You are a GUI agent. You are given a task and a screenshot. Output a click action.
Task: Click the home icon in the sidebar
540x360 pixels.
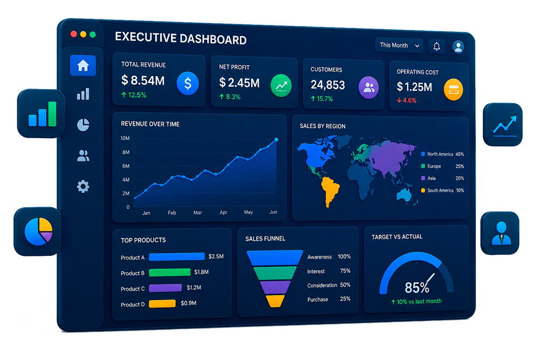coord(83,65)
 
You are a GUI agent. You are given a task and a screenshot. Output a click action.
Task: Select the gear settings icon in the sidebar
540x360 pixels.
coord(83,187)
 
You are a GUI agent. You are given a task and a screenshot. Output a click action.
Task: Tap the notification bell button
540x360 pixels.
coord(436,46)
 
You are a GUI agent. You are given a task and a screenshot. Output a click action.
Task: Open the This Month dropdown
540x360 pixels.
coord(399,45)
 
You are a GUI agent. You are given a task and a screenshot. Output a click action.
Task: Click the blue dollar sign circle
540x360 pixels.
coord(188,83)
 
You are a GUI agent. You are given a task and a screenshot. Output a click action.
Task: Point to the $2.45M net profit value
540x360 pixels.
coord(239,83)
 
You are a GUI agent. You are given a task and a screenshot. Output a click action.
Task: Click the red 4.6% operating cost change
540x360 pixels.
coord(407,100)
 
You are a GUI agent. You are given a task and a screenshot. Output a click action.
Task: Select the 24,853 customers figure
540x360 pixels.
coord(328,85)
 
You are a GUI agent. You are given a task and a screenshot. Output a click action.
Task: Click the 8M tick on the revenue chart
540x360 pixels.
coord(126,152)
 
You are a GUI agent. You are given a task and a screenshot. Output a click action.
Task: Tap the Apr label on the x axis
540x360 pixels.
coord(223,212)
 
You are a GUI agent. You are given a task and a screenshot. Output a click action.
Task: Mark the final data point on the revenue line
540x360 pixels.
coord(276,139)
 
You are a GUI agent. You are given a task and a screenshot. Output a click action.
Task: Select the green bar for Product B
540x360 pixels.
coord(170,272)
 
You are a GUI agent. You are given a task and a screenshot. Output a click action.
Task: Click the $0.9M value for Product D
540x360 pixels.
coord(188,303)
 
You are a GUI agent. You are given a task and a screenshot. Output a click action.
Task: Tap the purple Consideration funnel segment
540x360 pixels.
coord(275,287)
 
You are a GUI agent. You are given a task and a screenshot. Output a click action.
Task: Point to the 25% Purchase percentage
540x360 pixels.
coord(345,298)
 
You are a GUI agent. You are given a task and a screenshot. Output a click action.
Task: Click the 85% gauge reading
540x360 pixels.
coord(417,287)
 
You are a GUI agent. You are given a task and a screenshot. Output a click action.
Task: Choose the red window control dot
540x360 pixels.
coord(73,33)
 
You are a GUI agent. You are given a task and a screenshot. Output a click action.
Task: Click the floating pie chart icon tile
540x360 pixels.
coord(38,232)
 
